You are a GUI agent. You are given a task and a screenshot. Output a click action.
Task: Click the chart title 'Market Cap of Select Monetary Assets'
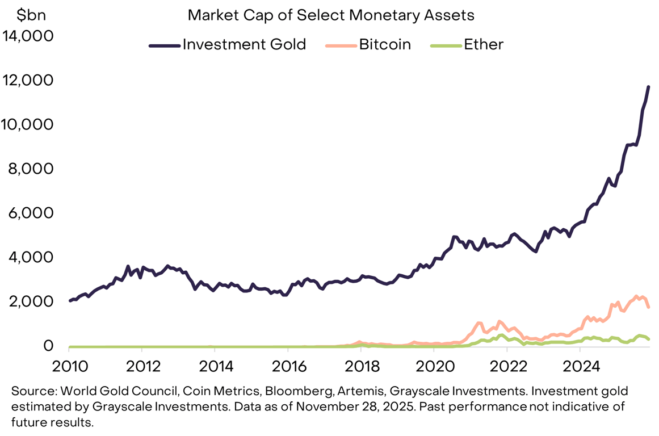point(330,15)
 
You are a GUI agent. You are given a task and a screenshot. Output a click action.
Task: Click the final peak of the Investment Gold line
point(648,87)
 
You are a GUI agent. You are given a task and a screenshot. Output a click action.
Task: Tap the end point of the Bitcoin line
point(648,307)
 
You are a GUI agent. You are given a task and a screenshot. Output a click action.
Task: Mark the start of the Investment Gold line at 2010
point(70,301)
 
